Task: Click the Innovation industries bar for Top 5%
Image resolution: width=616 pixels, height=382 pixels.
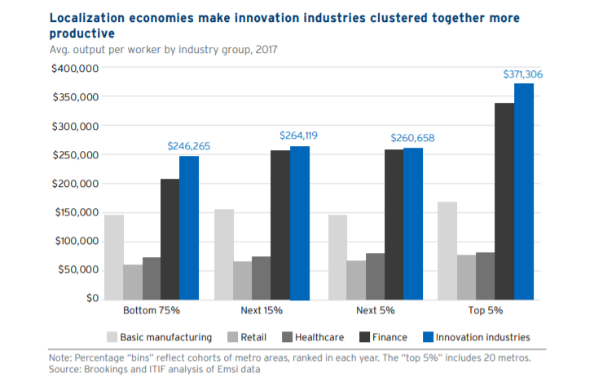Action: [x=524, y=191]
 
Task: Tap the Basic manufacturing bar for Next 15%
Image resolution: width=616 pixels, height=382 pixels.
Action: [x=224, y=254]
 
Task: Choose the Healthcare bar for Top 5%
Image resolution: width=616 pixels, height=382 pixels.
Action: [x=485, y=275]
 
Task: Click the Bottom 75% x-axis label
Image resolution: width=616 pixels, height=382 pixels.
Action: [x=152, y=311]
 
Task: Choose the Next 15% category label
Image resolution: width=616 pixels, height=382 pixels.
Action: [x=262, y=311]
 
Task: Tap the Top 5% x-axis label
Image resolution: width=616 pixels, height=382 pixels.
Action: [x=486, y=311]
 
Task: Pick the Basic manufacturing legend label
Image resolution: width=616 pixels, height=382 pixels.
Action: [x=165, y=336]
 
